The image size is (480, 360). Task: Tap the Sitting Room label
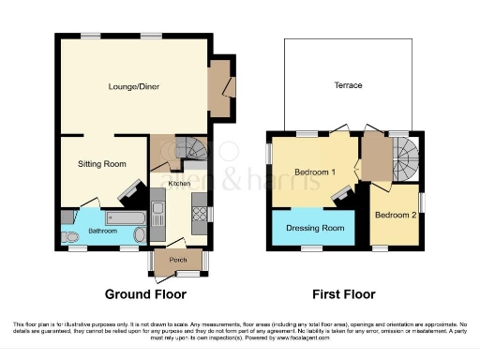(101, 164)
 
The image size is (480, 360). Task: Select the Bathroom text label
(102, 230)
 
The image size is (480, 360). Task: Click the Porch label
(175, 259)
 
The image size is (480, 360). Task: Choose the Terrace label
(348, 85)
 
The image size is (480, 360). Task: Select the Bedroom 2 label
(395, 214)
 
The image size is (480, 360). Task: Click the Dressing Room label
(314, 228)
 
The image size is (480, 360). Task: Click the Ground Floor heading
(144, 293)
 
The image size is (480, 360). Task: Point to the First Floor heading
(346, 293)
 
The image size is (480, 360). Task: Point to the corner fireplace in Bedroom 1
(344, 192)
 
